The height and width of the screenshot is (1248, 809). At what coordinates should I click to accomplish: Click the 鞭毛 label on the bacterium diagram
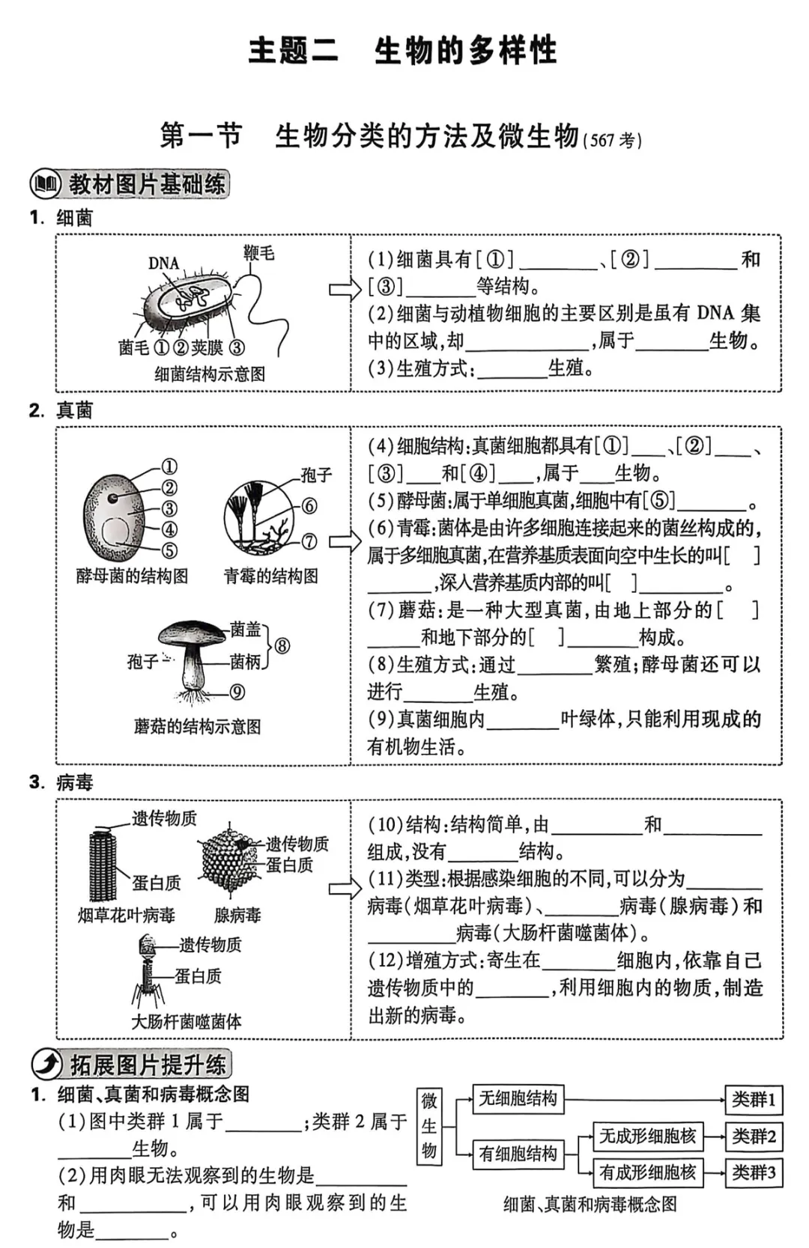pyautogui.click(x=259, y=252)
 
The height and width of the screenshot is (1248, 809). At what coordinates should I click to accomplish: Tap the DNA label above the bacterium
pyautogui.click(x=163, y=263)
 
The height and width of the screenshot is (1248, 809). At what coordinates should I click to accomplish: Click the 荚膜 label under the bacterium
pyautogui.click(x=207, y=347)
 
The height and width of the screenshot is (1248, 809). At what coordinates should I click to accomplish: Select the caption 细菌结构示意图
pyautogui.click(x=210, y=374)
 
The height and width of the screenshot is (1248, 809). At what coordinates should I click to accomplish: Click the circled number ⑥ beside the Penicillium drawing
pyautogui.click(x=309, y=506)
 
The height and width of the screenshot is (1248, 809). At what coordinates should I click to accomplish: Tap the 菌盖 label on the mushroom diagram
pyautogui.click(x=245, y=629)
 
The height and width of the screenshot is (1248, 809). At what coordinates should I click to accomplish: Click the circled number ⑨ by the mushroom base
pyautogui.click(x=237, y=692)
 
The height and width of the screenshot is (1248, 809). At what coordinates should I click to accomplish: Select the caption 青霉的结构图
pyautogui.click(x=270, y=576)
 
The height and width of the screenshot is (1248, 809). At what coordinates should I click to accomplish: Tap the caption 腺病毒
pyautogui.click(x=237, y=915)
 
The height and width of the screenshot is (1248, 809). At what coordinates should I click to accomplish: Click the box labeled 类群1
pyautogui.click(x=754, y=1099)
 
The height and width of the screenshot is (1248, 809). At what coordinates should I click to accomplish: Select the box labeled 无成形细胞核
pyautogui.click(x=647, y=1136)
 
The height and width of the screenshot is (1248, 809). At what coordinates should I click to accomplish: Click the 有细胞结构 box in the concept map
pyautogui.click(x=518, y=1154)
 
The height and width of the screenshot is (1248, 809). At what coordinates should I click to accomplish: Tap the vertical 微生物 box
pyautogui.click(x=429, y=1125)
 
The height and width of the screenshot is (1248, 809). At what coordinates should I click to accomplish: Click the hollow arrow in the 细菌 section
pyautogui.click(x=345, y=290)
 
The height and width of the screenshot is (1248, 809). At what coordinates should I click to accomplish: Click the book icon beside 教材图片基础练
pyautogui.click(x=46, y=183)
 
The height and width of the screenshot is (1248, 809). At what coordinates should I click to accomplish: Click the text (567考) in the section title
pyautogui.click(x=612, y=140)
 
